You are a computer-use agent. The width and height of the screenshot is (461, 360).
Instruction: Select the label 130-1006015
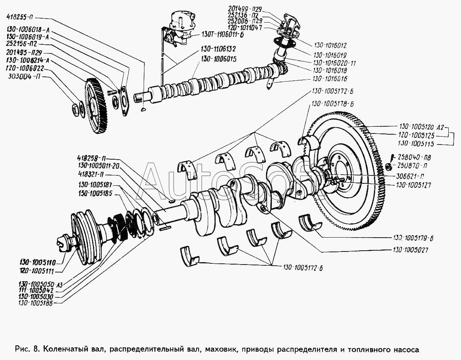[x=218, y=59]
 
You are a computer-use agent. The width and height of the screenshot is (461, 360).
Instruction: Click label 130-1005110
[x=37, y=262]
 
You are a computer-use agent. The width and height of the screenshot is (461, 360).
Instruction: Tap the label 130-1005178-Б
[x=332, y=104]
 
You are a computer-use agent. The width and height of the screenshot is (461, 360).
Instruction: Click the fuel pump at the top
[x=181, y=26]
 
